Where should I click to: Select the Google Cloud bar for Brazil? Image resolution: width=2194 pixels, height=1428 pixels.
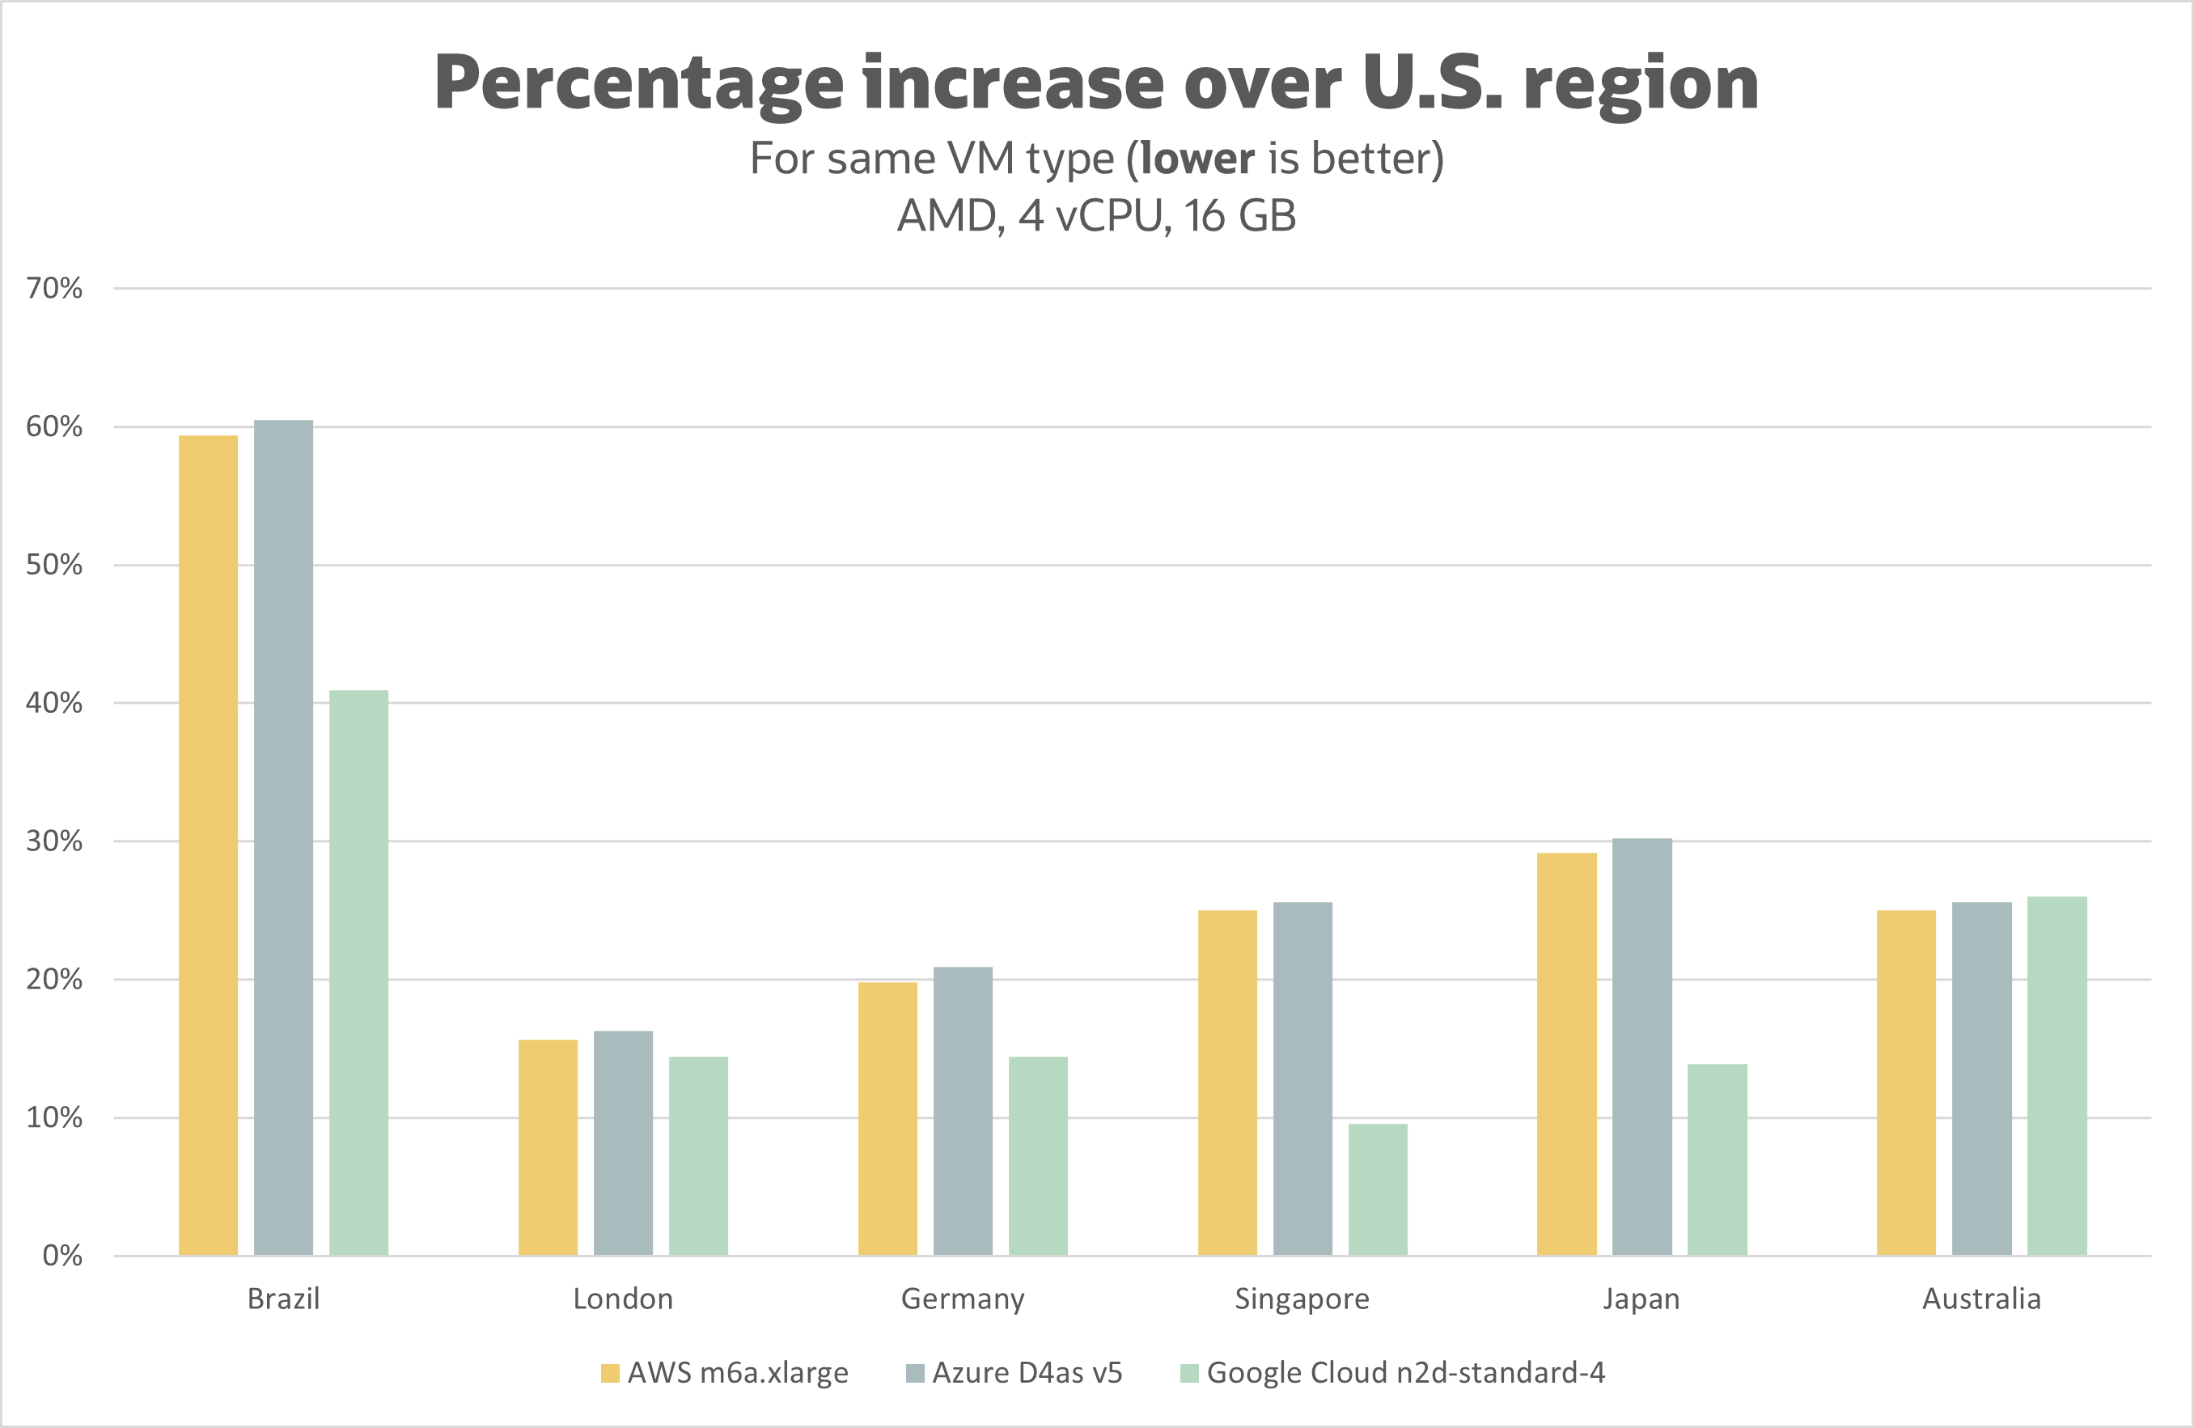click(x=358, y=972)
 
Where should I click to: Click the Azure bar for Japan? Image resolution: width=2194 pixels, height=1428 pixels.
click(x=1641, y=1046)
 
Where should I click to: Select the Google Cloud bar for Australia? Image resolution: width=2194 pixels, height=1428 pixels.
click(x=2056, y=1076)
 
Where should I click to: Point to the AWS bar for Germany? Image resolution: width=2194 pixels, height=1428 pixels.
click(x=887, y=1118)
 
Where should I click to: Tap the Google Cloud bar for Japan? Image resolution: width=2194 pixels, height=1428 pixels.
click(x=1718, y=1159)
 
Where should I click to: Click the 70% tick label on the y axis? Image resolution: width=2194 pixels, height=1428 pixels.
click(x=54, y=289)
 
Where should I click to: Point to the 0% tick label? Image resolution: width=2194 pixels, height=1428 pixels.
click(x=61, y=1256)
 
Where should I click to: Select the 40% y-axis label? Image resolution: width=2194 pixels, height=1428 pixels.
click(x=54, y=703)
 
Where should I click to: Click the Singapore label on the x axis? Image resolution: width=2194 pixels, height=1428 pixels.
click(x=1302, y=1299)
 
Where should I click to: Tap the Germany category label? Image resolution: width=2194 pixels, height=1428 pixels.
click(x=963, y=1299)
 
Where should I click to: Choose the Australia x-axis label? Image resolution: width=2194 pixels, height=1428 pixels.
click(x=1981, y=1299)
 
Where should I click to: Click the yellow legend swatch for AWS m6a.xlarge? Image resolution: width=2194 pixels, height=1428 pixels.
click(x=609, y=1374)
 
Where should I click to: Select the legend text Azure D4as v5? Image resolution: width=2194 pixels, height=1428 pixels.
click(x=1027, y=1373)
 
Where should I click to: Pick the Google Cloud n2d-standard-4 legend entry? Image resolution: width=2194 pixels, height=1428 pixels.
click(x=1405, y=1373)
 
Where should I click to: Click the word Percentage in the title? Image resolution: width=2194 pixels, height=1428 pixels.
click(x=638, y=85)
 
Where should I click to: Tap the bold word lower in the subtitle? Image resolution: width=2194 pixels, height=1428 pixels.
click(x=1197, y=159)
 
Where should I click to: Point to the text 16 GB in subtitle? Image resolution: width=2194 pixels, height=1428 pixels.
click(x=1240, y=216)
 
